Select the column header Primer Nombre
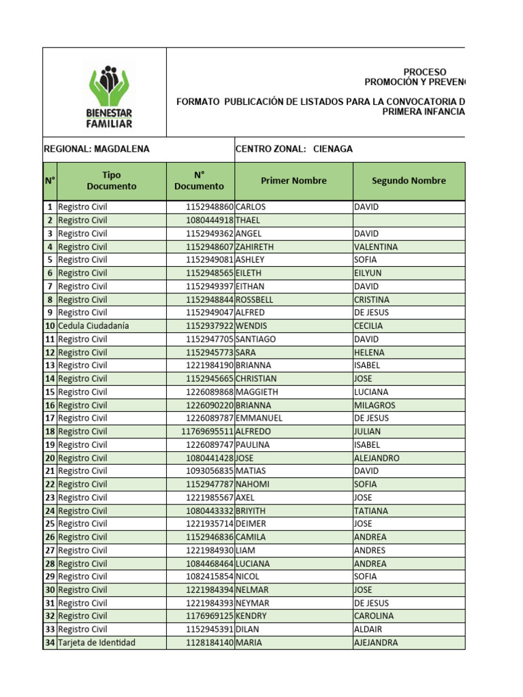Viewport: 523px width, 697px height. [294, 180]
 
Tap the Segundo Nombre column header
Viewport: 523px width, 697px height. [409, 180]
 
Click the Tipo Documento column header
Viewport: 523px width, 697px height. [111, 180]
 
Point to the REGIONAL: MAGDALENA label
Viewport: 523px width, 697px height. [97, 149]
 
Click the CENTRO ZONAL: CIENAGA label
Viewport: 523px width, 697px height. [294, 149]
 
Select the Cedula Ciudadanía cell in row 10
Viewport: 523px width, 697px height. [93, 326]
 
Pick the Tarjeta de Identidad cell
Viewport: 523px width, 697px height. [97, 643]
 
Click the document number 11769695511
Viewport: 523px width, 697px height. [207, 432]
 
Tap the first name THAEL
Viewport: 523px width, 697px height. [249, 221]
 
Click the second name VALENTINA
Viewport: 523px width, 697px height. [376, 246]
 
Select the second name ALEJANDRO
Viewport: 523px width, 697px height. [377, 458]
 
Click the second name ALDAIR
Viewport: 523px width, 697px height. [368, 630]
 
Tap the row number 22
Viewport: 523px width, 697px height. [50, 485]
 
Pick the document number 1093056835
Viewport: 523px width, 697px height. [209, 471]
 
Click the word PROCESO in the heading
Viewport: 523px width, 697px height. [425, 72]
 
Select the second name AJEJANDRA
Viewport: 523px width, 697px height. [376, 643]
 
